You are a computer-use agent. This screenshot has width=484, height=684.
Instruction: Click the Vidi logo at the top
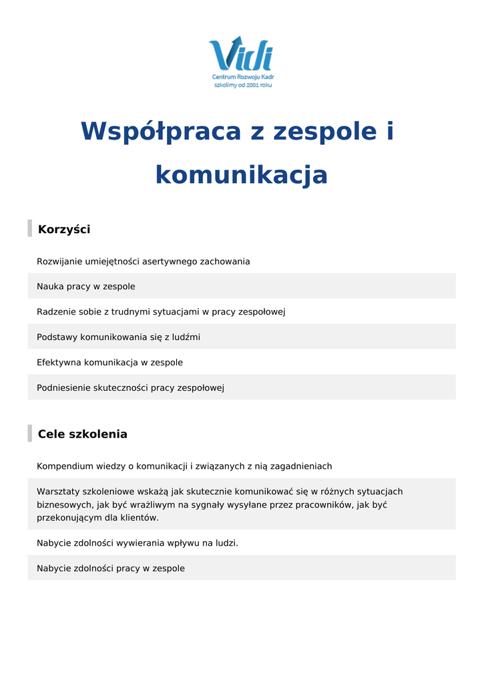click(x=241, y=54)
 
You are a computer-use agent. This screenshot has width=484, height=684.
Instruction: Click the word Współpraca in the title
click(x=160, y=131)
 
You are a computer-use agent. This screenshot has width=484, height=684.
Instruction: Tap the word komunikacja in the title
click(x=241, y=175)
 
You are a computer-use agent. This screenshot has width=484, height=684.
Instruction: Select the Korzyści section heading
click(x=64, y=230)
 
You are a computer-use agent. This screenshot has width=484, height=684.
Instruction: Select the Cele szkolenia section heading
click(x=82, y=434)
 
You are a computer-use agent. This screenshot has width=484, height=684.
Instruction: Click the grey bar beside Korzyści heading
click(x=29, y=228)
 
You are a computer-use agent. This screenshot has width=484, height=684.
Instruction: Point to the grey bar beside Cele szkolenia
click(x=29, y=434)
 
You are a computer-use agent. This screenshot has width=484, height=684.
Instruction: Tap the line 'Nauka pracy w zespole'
click(x=85, y=287)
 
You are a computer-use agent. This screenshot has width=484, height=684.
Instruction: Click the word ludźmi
click(x=186, y=337)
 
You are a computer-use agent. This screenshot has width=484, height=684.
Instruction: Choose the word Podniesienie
click(x=63, y=388)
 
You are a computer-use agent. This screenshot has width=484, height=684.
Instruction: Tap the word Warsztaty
click(x=58, y=492)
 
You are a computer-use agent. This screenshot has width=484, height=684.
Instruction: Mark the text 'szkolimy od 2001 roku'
click(x=242, y=85)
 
